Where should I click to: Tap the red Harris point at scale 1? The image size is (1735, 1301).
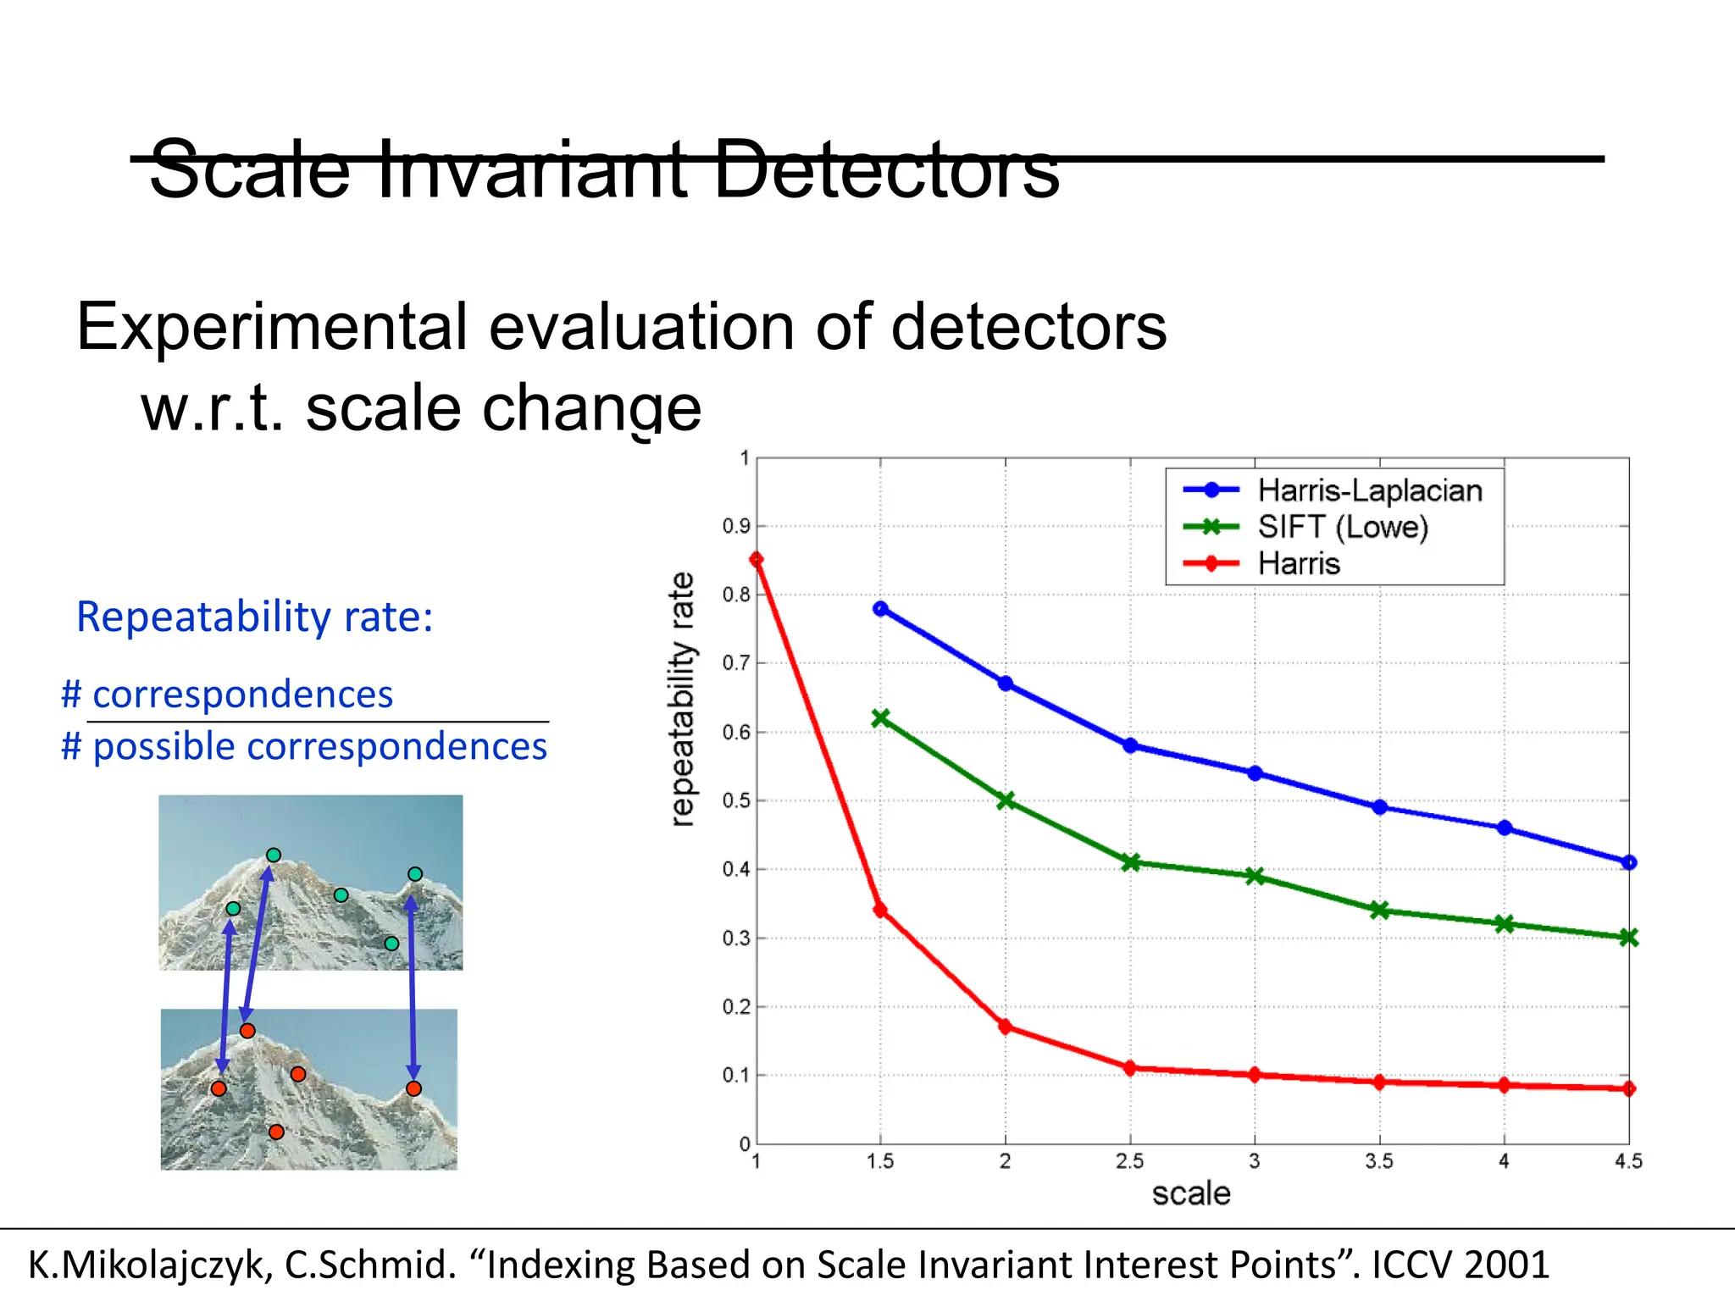coord(757,559)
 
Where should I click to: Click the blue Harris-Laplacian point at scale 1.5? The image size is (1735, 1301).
coord(880,608)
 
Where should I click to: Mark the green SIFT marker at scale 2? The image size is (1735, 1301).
coord(1006,800)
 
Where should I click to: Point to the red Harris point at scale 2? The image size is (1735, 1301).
coord(1006,1027)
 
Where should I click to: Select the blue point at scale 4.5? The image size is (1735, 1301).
coord(1628,862)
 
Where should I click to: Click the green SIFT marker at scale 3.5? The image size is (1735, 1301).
coord(1379,911)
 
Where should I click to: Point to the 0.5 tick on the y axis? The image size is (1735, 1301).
coord(736,800)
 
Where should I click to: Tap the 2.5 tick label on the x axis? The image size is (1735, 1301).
coord(1129,1161)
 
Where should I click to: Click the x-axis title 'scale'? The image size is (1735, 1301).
coord(1190,1193)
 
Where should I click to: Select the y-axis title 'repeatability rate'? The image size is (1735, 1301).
coord(682,699)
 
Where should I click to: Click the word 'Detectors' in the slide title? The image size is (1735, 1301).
coord(886,169)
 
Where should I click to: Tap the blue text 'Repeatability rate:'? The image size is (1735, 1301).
coord(254,617)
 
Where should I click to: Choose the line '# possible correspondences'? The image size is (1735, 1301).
coord(304,747)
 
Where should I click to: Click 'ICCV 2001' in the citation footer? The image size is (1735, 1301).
coord(1461,1265)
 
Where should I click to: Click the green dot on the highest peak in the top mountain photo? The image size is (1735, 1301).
coord(274,855)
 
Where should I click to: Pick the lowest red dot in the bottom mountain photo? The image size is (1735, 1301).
coord(276,1132)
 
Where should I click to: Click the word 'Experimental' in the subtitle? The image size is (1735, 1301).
coord(271,327)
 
